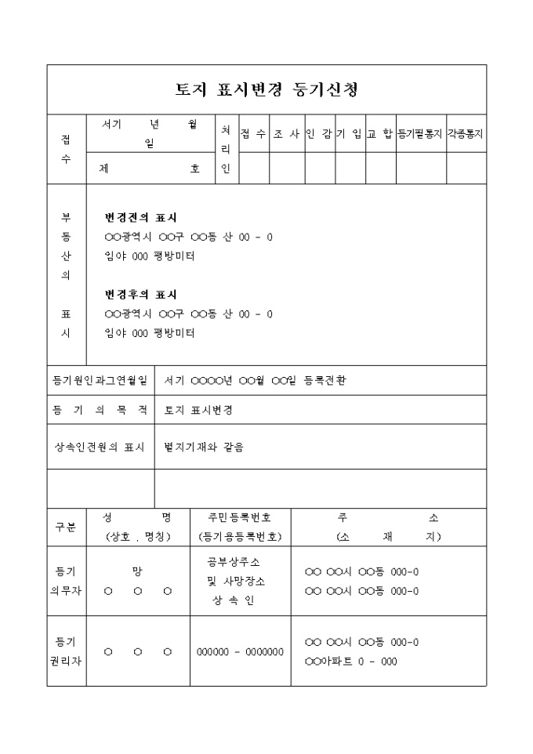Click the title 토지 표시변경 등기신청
(x=266, y=89)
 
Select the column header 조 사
(x=287, y=134)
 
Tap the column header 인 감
(x=319, y=134)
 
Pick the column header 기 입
(x=350, y=134)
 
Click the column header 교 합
(x=380, y=134)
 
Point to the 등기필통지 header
(x=420, y=134)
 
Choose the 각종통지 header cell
(x=466, y=134)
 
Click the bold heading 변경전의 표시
(x=141, y=217)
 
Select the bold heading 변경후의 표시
(x=141, y=295)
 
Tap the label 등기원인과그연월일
(x=100, y=381)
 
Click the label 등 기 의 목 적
(x=100, y=410)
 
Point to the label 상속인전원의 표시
(x=100, y=448)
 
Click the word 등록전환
(x=328, y=381)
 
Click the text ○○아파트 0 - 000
(x=350, y=662)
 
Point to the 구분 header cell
(x=66, y=527)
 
